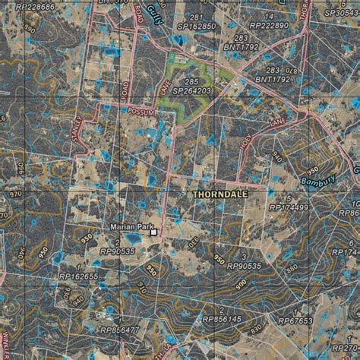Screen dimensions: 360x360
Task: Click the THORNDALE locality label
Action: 221,195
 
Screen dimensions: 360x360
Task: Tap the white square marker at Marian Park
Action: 153,233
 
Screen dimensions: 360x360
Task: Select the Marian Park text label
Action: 128,228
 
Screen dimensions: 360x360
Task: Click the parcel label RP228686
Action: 29,7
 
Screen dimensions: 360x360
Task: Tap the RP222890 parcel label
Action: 268,25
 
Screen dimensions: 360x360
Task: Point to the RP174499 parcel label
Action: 289,207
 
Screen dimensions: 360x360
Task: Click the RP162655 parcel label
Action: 79,277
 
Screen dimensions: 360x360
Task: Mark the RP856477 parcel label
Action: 119,330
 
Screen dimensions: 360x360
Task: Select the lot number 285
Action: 192,81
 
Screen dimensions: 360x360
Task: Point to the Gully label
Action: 175,11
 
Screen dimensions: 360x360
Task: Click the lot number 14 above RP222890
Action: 269,16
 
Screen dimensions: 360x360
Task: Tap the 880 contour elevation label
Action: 291,267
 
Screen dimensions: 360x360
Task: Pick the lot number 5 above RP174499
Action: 289,198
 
